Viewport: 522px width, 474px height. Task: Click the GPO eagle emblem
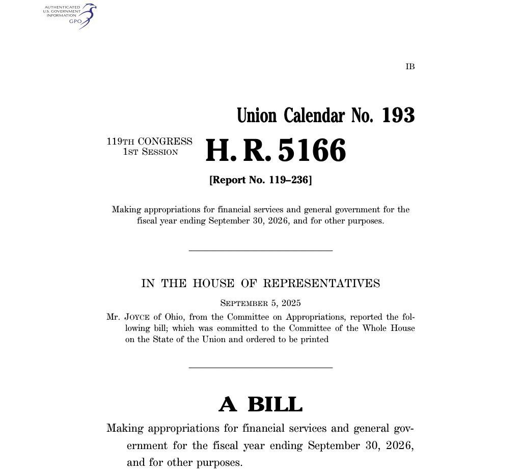(88, 15)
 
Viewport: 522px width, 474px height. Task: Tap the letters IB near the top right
(410, 67)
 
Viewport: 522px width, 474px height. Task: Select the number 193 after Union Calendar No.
(398, 116)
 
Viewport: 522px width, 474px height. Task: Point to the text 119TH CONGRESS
(149, 142)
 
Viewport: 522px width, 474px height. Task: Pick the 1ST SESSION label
(151, 152)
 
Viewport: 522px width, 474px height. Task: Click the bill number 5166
(312, 151)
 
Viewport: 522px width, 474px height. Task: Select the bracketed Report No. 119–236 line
(260, 180)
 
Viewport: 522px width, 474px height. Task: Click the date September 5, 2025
(260, 303)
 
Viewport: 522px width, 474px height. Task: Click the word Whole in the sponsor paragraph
(375, 328)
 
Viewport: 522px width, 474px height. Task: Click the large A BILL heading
(260, 405)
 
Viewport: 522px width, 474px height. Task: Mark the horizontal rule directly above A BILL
(260, 367)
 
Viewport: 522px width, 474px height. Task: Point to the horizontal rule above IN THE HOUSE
(260, 250)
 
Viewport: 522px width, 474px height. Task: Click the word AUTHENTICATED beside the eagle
(62, 7)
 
